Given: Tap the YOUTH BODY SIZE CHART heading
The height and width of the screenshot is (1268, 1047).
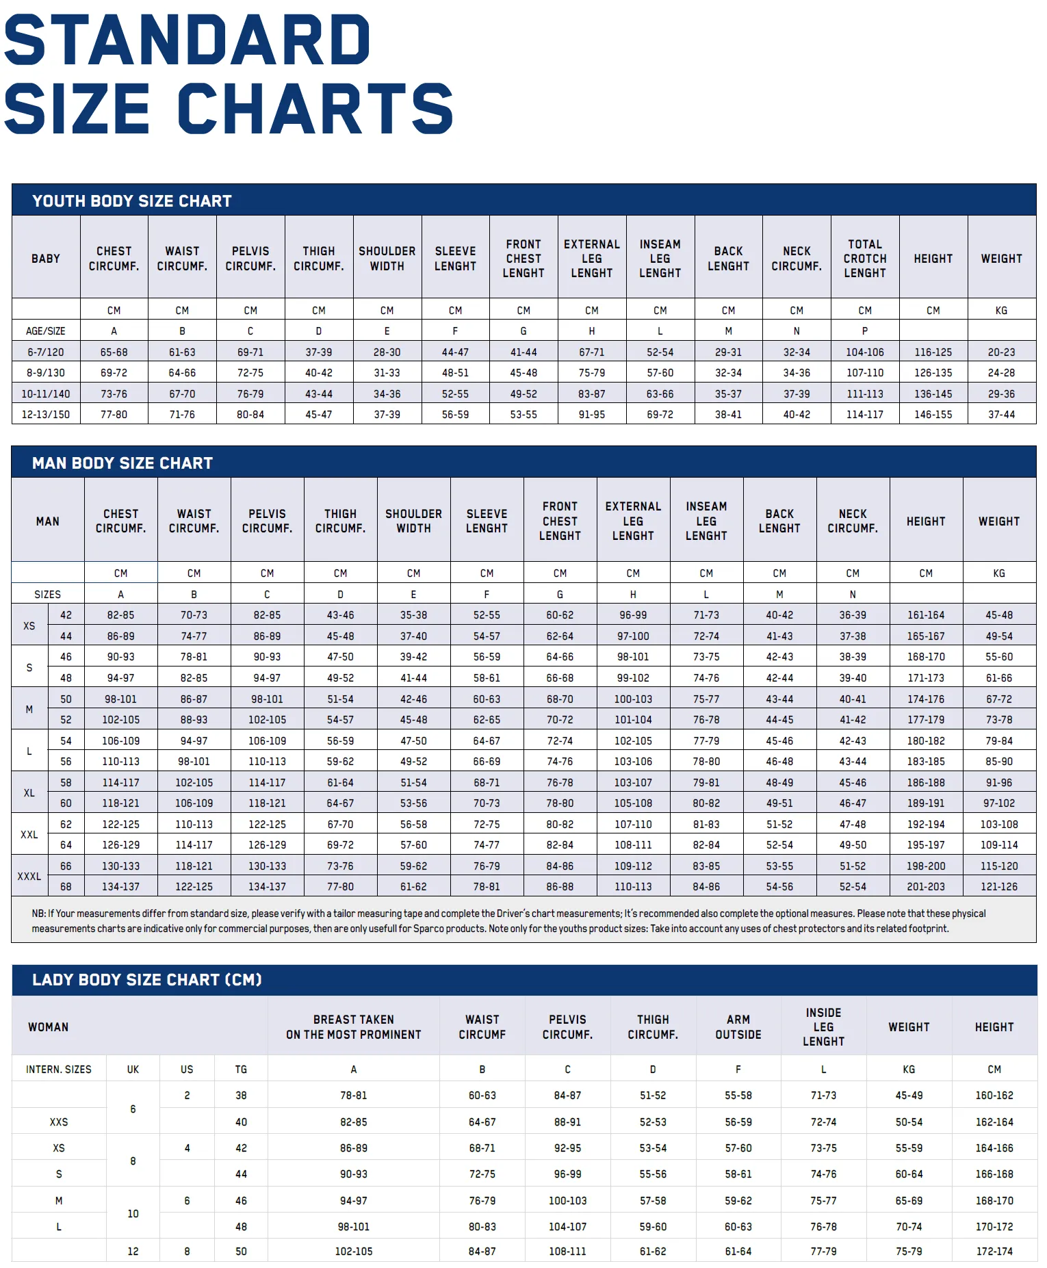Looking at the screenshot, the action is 132,201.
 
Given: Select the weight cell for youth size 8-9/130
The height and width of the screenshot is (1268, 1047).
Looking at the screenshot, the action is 1001,373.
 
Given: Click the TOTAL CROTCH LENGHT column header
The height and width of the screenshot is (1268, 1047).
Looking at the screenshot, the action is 865,259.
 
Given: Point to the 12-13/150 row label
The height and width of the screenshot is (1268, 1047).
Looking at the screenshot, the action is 46,415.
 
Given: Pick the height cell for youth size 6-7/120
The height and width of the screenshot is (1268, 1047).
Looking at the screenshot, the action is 933,352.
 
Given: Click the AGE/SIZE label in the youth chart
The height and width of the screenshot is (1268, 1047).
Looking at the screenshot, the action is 46,331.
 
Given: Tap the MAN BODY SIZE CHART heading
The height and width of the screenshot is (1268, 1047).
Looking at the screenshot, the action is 122,463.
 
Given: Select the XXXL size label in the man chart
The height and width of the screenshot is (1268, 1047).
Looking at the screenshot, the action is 29,877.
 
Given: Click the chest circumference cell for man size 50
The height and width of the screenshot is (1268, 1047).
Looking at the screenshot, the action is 120,699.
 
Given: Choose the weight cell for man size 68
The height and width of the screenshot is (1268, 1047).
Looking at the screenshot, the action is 999,887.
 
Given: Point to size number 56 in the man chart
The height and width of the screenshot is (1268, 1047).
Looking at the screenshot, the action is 66,762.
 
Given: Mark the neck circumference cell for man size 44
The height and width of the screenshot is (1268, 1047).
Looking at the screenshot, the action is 853,636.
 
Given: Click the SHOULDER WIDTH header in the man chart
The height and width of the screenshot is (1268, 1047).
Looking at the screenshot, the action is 413,521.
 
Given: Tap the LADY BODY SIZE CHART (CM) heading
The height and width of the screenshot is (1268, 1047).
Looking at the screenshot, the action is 147,980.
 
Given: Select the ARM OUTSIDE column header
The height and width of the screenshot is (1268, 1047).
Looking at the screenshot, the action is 738,1027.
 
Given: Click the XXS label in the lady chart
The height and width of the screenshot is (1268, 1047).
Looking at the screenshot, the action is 59,1122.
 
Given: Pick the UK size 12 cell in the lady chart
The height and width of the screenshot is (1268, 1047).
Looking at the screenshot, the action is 133,1252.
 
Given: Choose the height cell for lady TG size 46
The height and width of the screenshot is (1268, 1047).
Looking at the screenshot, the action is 994,1201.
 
